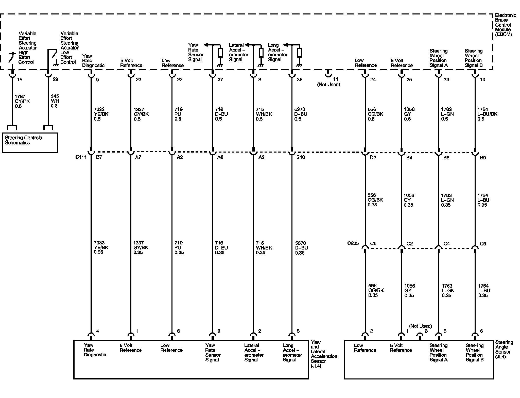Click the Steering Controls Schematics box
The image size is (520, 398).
click(30, 143)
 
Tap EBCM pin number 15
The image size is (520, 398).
click(20, 80)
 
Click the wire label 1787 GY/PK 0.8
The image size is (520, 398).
click(22, 101)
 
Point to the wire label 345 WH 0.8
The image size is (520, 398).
click(55, 101)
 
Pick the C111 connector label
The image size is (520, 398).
click(81, 157)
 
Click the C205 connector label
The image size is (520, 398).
click(353, 243)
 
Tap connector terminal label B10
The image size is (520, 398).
click(301, 157)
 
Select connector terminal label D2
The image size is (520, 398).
click(373, 158)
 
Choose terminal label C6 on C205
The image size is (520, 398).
click(373, 244)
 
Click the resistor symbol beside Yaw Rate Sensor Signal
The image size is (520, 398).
click(220, 53)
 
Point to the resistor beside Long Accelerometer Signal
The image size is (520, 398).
click(300, 53)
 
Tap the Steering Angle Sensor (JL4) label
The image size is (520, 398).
click(504, 349)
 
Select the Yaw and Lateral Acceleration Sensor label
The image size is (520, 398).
click(324, 354)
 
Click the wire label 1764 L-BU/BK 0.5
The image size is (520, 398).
click(487, 114)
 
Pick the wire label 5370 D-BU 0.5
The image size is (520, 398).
click(301, 114)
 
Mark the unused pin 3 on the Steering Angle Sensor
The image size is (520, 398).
click(420, 336)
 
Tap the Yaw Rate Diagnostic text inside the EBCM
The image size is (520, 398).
click(93, 61)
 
